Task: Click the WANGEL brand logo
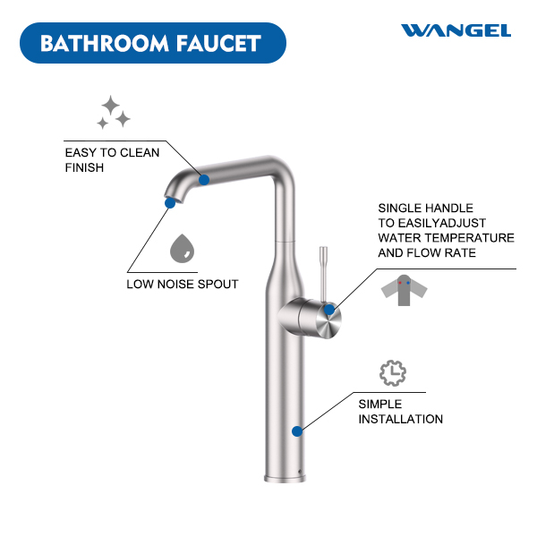point(456,30)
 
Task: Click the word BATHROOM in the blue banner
point(105,44)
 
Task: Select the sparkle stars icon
point(114,113)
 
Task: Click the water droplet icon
point(182,249)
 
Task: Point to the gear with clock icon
point(393,373)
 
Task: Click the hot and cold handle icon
point(405,290)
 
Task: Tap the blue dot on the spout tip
point(170,203)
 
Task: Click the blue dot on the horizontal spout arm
point(204,180)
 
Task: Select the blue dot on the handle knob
point(329,310)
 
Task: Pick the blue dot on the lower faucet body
point(297,431)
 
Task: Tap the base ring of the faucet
point(285,479)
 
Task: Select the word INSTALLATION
point(401,419)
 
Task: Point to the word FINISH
point(84,168)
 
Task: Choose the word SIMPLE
point(380,405)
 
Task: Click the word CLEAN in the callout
point(141,153)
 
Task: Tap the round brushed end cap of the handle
point(328,321)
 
